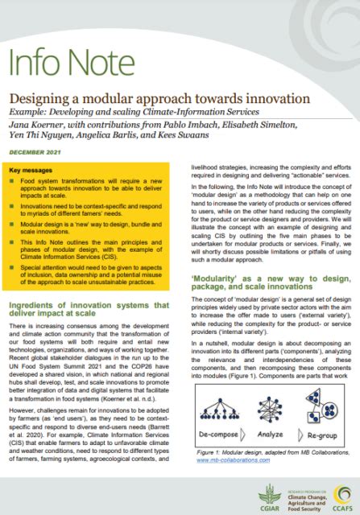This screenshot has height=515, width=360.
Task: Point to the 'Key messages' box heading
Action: pos(37,171)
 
